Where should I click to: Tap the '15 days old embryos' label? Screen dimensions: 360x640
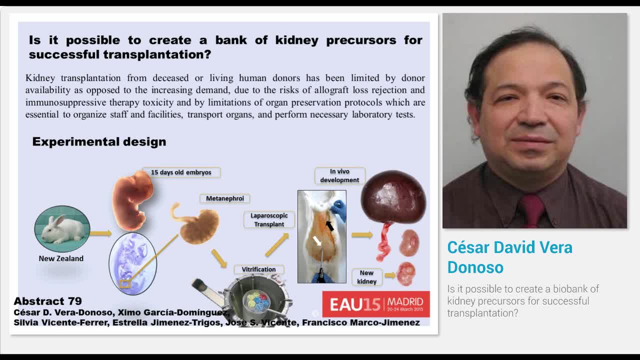[181, 172]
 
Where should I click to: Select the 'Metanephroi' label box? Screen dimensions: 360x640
[225, 198]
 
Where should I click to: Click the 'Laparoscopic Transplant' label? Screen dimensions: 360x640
[269, 220]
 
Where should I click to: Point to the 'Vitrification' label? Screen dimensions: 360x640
[258, 269]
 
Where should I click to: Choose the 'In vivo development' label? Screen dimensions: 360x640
[339, 175]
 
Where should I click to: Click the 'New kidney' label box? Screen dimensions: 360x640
[366, 277]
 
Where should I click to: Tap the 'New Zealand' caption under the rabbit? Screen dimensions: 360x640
[61, 258]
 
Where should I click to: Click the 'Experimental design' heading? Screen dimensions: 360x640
[99, 142]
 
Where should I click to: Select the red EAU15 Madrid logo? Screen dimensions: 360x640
[375, 303]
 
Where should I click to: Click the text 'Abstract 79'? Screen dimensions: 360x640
[47, 301]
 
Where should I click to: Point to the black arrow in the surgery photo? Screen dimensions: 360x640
[329, 225]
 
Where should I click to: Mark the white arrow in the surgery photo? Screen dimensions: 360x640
[317, 241]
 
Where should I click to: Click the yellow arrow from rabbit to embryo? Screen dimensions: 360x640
[100, 233]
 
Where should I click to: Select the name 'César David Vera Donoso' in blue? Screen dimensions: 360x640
[509, 257]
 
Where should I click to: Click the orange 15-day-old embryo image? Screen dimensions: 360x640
[131, 199]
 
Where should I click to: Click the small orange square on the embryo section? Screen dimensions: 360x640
[124, 284]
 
